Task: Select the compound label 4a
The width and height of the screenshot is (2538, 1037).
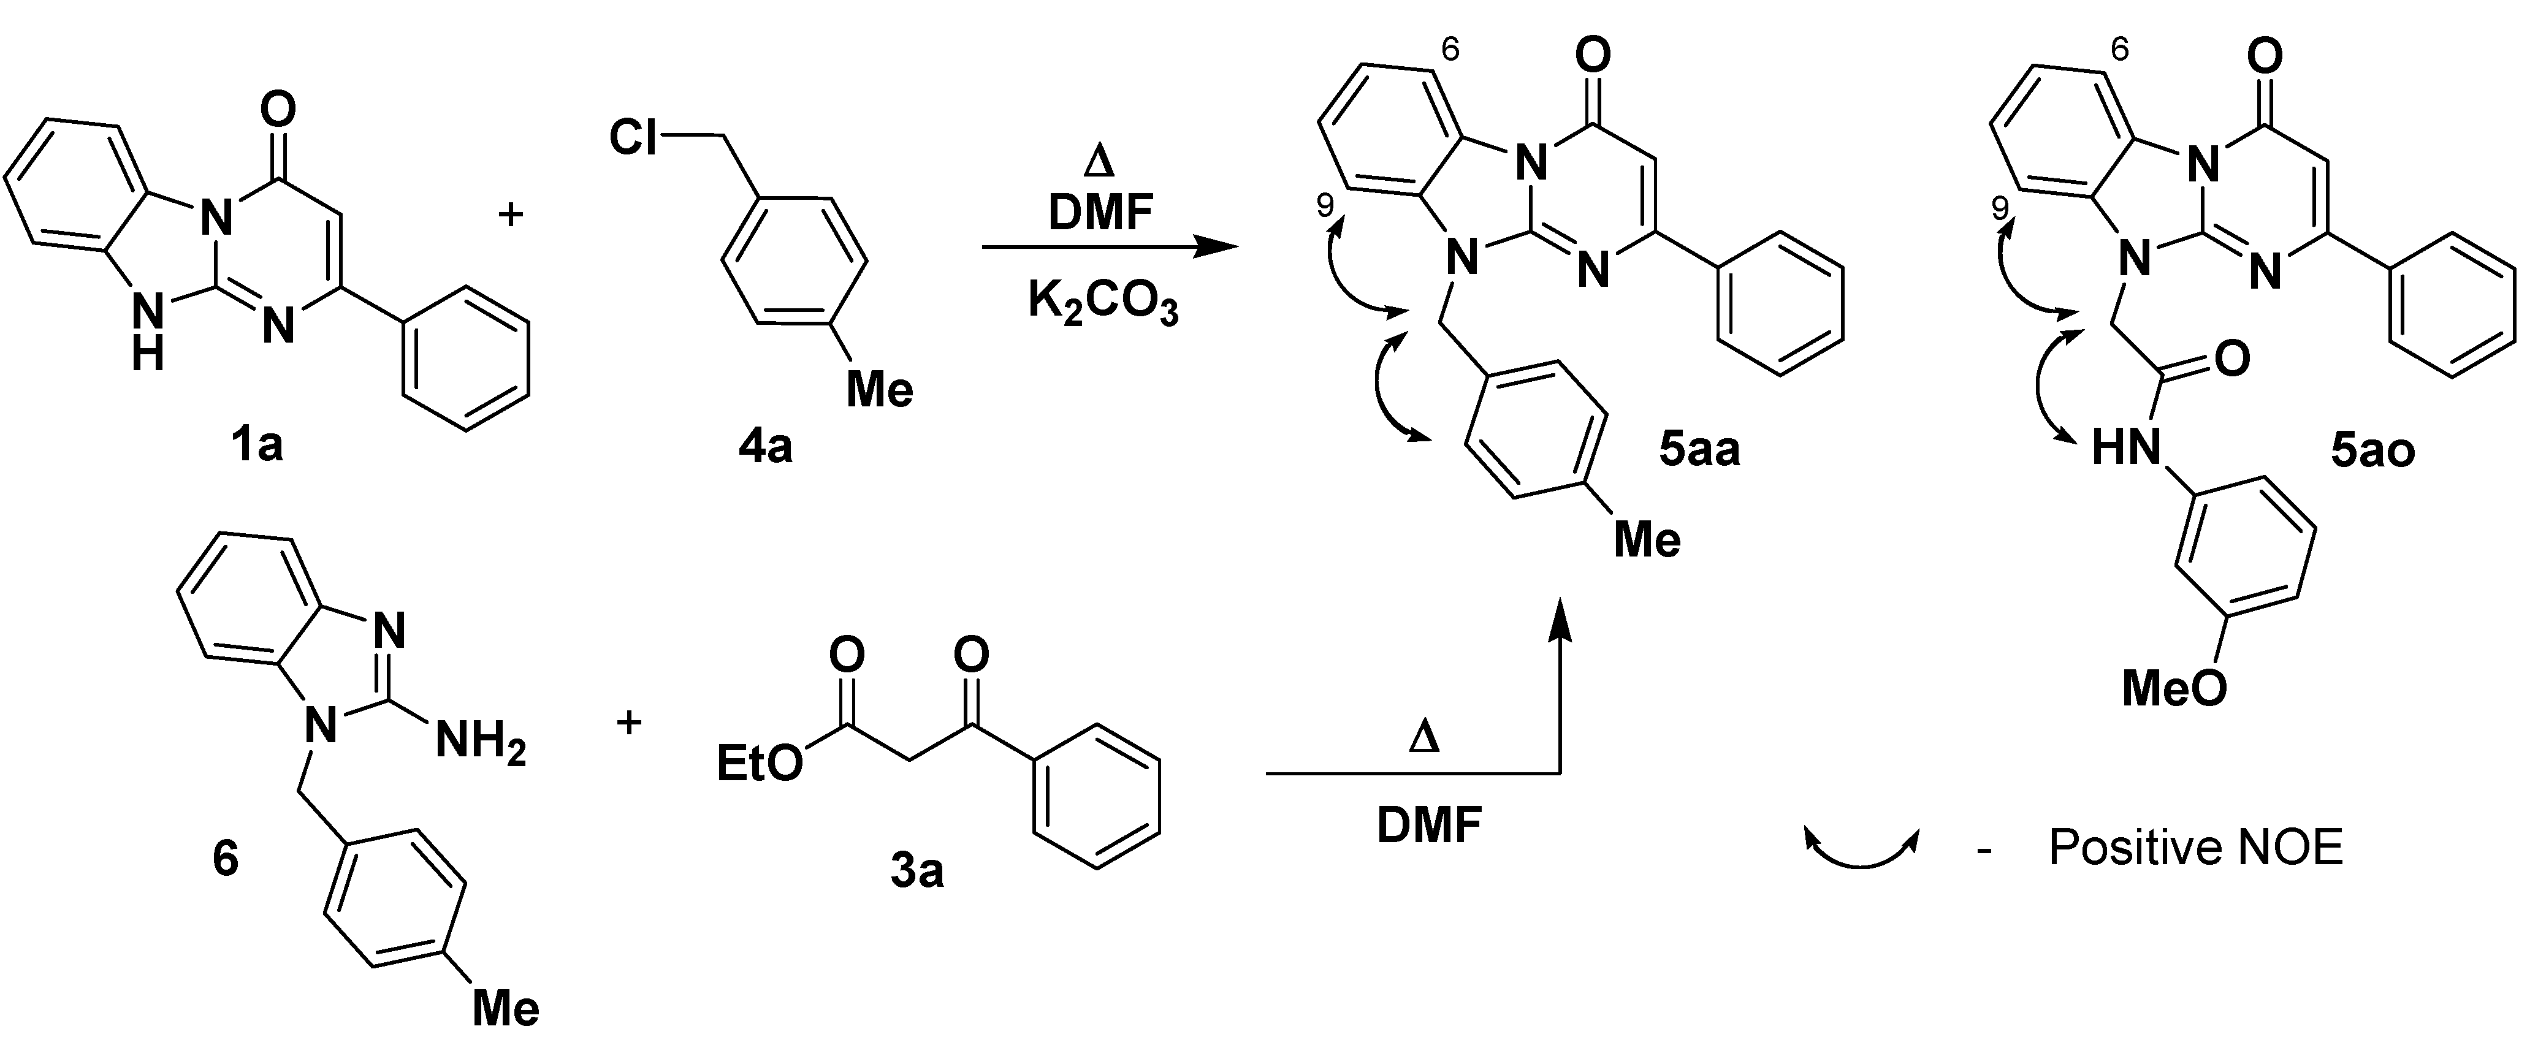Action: (x=766, y=448)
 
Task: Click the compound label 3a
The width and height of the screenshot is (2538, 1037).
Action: (x=916, y=872)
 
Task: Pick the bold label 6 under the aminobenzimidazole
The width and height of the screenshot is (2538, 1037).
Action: (x=226, y=859)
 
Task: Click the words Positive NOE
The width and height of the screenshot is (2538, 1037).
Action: (x=2195, y=848)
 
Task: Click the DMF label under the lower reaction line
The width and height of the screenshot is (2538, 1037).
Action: (x=1430, y=826)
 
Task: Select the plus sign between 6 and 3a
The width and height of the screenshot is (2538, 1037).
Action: (x=628, y=723)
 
